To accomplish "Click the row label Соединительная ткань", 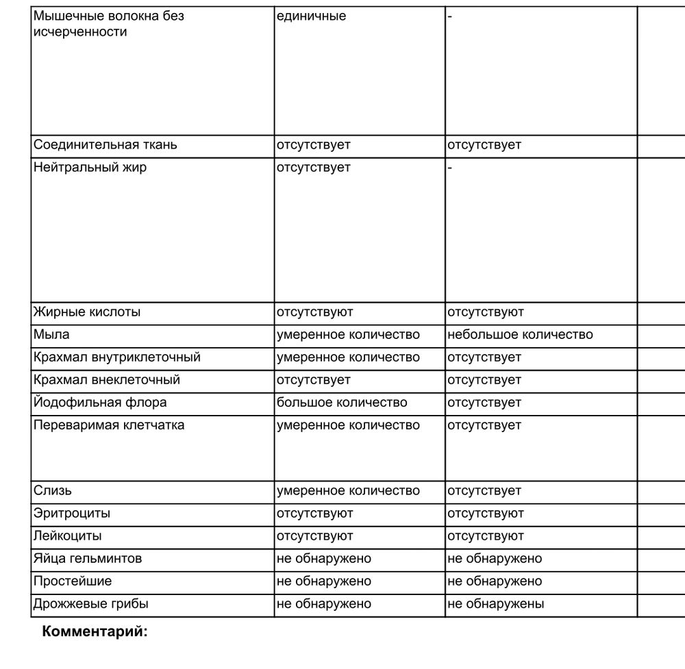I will [105, 145].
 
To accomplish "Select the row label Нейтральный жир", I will [90, 168].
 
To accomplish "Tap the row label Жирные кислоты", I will [87, 312].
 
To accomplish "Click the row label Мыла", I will [51, 335].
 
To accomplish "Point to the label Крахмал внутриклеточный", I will [117, 357].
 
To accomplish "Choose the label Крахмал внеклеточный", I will [107, 380].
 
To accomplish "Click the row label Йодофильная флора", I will [100, 403].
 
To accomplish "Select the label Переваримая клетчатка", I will [109, 425].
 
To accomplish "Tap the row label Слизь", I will [52, 491].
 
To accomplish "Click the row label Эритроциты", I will [71, 514].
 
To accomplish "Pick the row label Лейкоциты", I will [68, 536].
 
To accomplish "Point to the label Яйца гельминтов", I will [88, 559].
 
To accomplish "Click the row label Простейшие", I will [73, 581].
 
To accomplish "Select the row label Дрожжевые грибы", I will [91, 604].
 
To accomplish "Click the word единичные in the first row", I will [311, 16].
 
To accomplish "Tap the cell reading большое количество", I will [342, 403].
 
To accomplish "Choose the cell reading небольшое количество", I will [520, 335].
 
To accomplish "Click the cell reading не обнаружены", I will [496, 604].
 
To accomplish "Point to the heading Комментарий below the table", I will [95, 631].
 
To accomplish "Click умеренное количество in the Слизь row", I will [348, 491].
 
